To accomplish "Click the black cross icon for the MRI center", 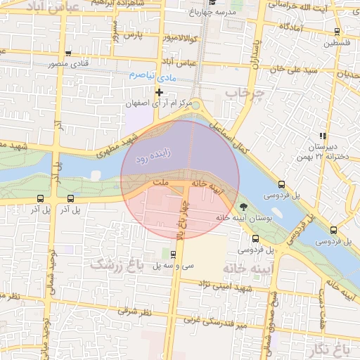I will [160, 92].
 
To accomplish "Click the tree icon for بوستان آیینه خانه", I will [243, 207].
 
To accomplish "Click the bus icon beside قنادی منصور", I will [67, 53].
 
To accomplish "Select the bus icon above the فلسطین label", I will [337, 32].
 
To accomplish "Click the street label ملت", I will [162, 182].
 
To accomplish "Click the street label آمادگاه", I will [290, 27].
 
